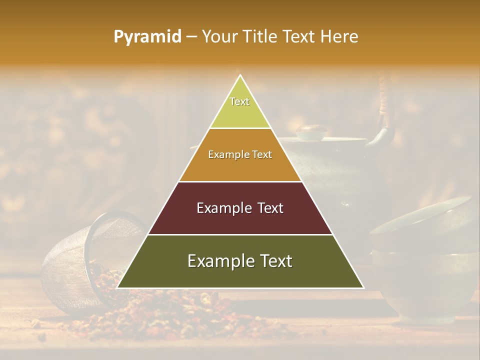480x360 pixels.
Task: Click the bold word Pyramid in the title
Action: point(147,37)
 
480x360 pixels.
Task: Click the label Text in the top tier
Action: point(239,101)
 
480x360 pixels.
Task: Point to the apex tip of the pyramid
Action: point(240,76)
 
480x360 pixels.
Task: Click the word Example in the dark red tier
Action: point(218,208)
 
